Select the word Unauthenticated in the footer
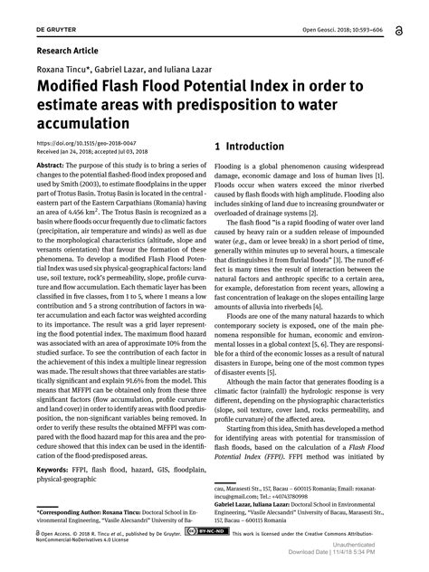click(x=386, y=544)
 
